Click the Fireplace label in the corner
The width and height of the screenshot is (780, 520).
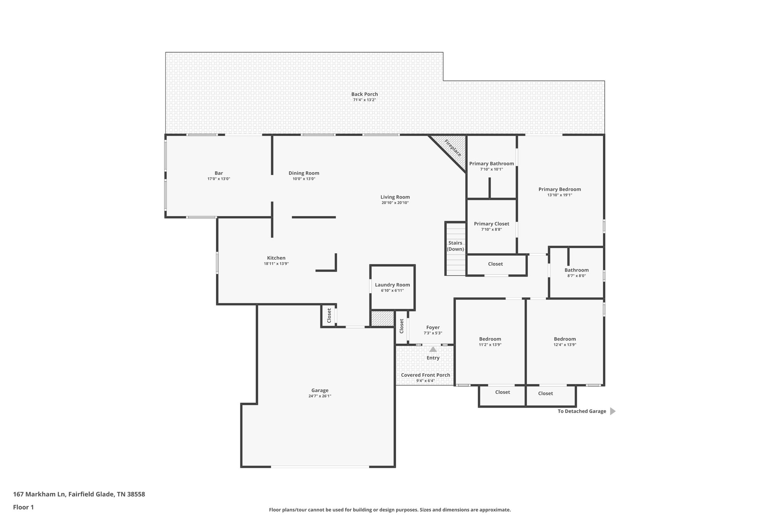point(453,148)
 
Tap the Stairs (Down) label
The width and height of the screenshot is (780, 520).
point(455,246)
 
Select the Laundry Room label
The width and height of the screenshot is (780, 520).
point(392,285)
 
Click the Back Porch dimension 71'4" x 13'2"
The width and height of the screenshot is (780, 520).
point(364,100)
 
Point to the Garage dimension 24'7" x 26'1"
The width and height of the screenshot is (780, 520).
point(320,396)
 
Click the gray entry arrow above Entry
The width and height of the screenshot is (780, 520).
point(433,349)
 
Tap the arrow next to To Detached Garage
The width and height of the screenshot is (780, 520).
point(612,411)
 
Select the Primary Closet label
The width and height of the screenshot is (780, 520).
point(491,224)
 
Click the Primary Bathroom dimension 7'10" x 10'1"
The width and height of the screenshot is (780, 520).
point(491,169)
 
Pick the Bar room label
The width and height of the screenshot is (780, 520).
point(219,173)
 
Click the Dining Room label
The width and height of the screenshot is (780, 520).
point(304,173)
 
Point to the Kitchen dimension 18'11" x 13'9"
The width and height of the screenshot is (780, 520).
point(276,264)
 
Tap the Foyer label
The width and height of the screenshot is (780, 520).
point(433,327)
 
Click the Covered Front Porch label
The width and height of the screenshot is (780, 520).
point(425,375)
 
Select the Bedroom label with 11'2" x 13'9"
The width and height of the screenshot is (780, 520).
point(490,339)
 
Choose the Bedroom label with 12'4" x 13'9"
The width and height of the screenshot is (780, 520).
point(564,339)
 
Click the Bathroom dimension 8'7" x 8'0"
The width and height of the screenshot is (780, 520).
point(576,276)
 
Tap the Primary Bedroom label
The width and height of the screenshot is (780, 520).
point(559,189)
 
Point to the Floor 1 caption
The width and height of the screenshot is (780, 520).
point(23,507)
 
